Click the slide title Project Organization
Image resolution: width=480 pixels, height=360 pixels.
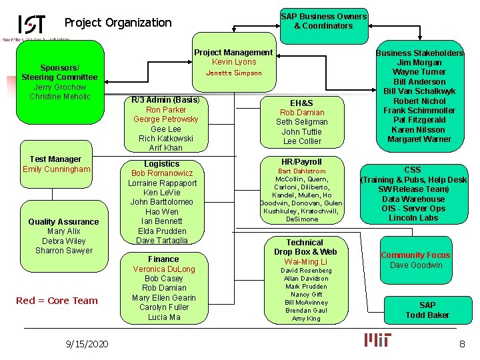118,23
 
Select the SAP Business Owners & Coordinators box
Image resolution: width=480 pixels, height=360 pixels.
323,21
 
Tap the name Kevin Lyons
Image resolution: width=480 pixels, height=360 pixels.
233,62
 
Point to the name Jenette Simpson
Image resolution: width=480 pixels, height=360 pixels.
233,73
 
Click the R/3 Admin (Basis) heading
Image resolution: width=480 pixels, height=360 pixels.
165,100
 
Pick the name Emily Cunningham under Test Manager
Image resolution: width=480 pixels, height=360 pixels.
56,169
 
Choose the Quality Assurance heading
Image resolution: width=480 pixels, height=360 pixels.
63,222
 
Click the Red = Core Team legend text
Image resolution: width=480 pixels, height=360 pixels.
57,301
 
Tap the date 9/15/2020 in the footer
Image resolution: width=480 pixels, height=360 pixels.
88,343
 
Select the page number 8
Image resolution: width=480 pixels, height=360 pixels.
461,343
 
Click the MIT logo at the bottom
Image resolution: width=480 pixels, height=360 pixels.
378,340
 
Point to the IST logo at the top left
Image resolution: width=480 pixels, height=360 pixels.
32,25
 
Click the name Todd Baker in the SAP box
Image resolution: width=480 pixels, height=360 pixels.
427,315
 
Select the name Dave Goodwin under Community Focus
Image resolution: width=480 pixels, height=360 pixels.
416,265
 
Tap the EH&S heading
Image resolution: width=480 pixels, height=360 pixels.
301,103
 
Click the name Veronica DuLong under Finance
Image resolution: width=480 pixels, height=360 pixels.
164,269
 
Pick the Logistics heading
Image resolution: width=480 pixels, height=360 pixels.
162,164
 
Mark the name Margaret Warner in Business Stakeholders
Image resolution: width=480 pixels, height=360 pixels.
419,139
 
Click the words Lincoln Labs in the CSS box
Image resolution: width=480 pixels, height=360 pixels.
413,218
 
